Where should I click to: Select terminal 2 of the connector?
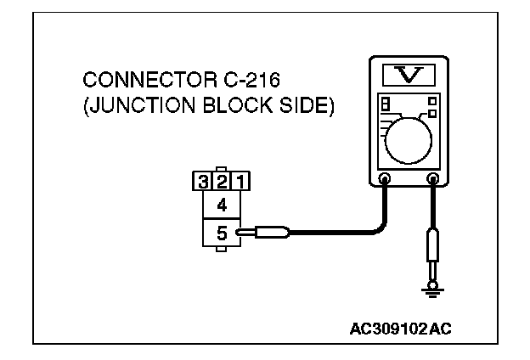click(x=223, y=180)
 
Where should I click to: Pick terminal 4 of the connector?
click(x=222, y=204)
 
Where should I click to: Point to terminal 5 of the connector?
click(x=222, y=231)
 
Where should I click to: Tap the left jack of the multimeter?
click(x=384, y=179)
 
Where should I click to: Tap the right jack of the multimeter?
click(x=433, y=179)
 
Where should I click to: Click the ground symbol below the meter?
click(x=433, y=290)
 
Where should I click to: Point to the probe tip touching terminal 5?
click(x=246, y=231)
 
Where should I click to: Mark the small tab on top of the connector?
click(x=223, y=169)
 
